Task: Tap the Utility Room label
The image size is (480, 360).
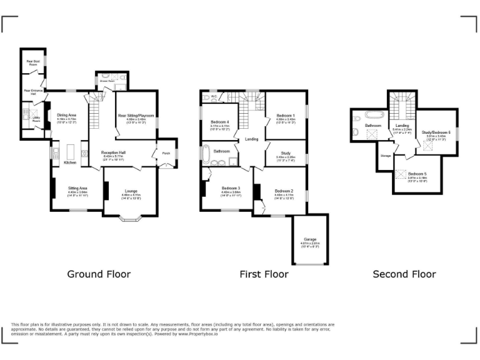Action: click(36, 118)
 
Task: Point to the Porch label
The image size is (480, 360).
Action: click(166, 153)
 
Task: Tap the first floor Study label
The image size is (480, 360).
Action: click(285, 153)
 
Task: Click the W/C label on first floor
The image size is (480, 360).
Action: click(214, 96)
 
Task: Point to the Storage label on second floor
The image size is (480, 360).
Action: click(386, 156)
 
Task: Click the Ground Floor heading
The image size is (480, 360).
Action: click(99, 274)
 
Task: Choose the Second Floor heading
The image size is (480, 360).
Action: click(404, 274)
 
